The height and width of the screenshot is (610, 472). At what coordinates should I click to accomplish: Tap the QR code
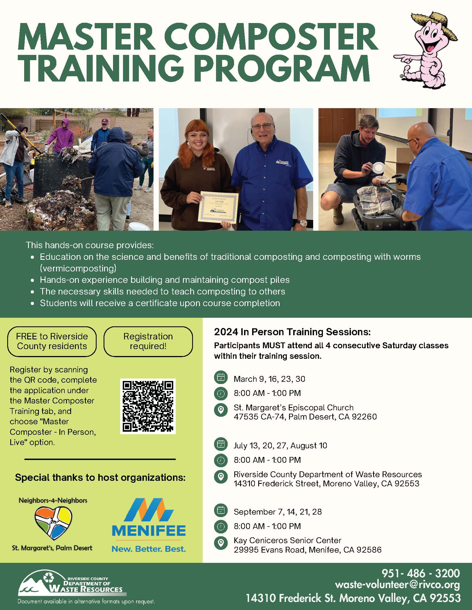tap(148, 406)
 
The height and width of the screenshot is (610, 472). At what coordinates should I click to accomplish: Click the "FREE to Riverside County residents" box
tap(52, 341)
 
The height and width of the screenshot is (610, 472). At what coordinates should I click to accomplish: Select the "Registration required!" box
tap(148, 341)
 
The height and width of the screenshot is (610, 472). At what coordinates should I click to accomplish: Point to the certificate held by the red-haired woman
tap(219, 207)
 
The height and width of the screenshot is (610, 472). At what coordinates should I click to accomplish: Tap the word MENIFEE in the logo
tap(149, 531)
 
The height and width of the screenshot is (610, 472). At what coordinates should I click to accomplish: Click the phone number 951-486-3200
tap(421, 573)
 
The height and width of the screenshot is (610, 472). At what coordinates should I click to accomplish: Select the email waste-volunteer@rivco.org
tap(397, 585)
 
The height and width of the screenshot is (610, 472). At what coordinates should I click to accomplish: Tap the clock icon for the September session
tap(221, 526)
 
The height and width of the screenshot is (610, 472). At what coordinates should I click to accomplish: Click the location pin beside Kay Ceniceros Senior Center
tap(221, 543)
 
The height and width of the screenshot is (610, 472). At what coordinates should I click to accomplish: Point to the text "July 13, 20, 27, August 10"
tap(280, 446)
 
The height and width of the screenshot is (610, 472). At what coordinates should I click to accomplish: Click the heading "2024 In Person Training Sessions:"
tap(292, 332)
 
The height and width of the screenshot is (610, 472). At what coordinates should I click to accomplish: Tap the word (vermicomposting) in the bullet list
tap(78, 268)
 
